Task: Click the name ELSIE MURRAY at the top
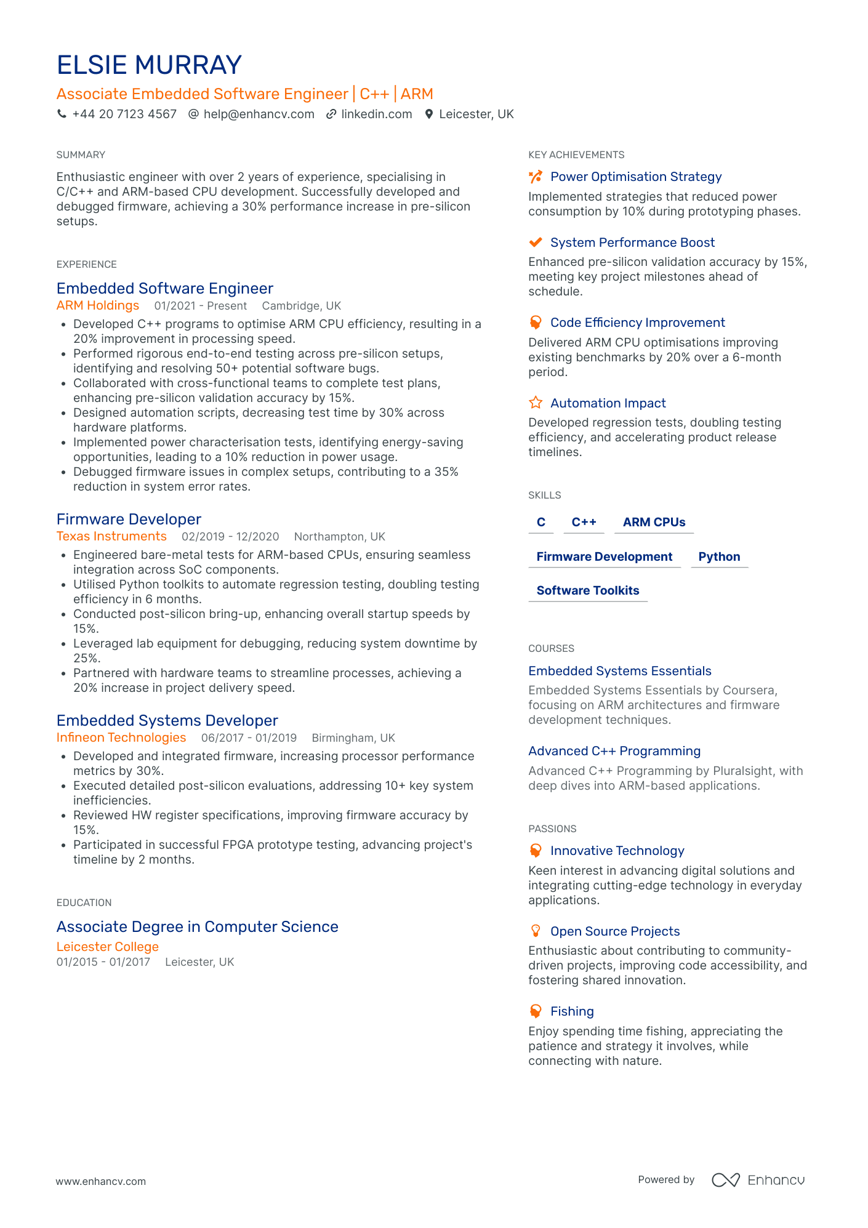pyautogui.click(x=149, y=65)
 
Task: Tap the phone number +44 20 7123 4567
pyautogui.click(x=124, y=114)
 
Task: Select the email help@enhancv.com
pyautogui.click(x=259, y=114)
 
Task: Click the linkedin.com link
pyautogui.click(x=376, y=114)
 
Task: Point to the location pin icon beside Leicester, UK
pyautogui.click(x=429, y=114)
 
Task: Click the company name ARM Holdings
pyautogui.click(x=98, y=306)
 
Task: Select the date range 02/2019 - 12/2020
pyautogui.click(x=230, y=537)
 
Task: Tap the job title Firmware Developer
pyautogui.click(x=129, y=520)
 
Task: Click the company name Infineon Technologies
pyautogui.click(x=121, y=738)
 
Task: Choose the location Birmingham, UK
pyautogui.click(x=353, y=738)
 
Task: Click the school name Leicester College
pyautogui.click(x=108, y=947)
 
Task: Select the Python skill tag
pyautogui.click(x=719, y=557)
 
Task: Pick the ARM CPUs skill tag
pyautogui.click(x=654, y=523)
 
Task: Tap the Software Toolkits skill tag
pyautogui.click(x=588, y=591)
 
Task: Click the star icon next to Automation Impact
pyautogui.click(x=536, y=403)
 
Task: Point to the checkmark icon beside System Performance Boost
pyautogui.click(x=536, y=243)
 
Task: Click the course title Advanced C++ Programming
pyautogui.click(x=614, y=752)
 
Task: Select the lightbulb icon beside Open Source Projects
pyautogui.click(x=536, y=931)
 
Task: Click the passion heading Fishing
pyautogui.click(x=572, y=1012)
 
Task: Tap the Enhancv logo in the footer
pyautogui.click(x=758, y=1180)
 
